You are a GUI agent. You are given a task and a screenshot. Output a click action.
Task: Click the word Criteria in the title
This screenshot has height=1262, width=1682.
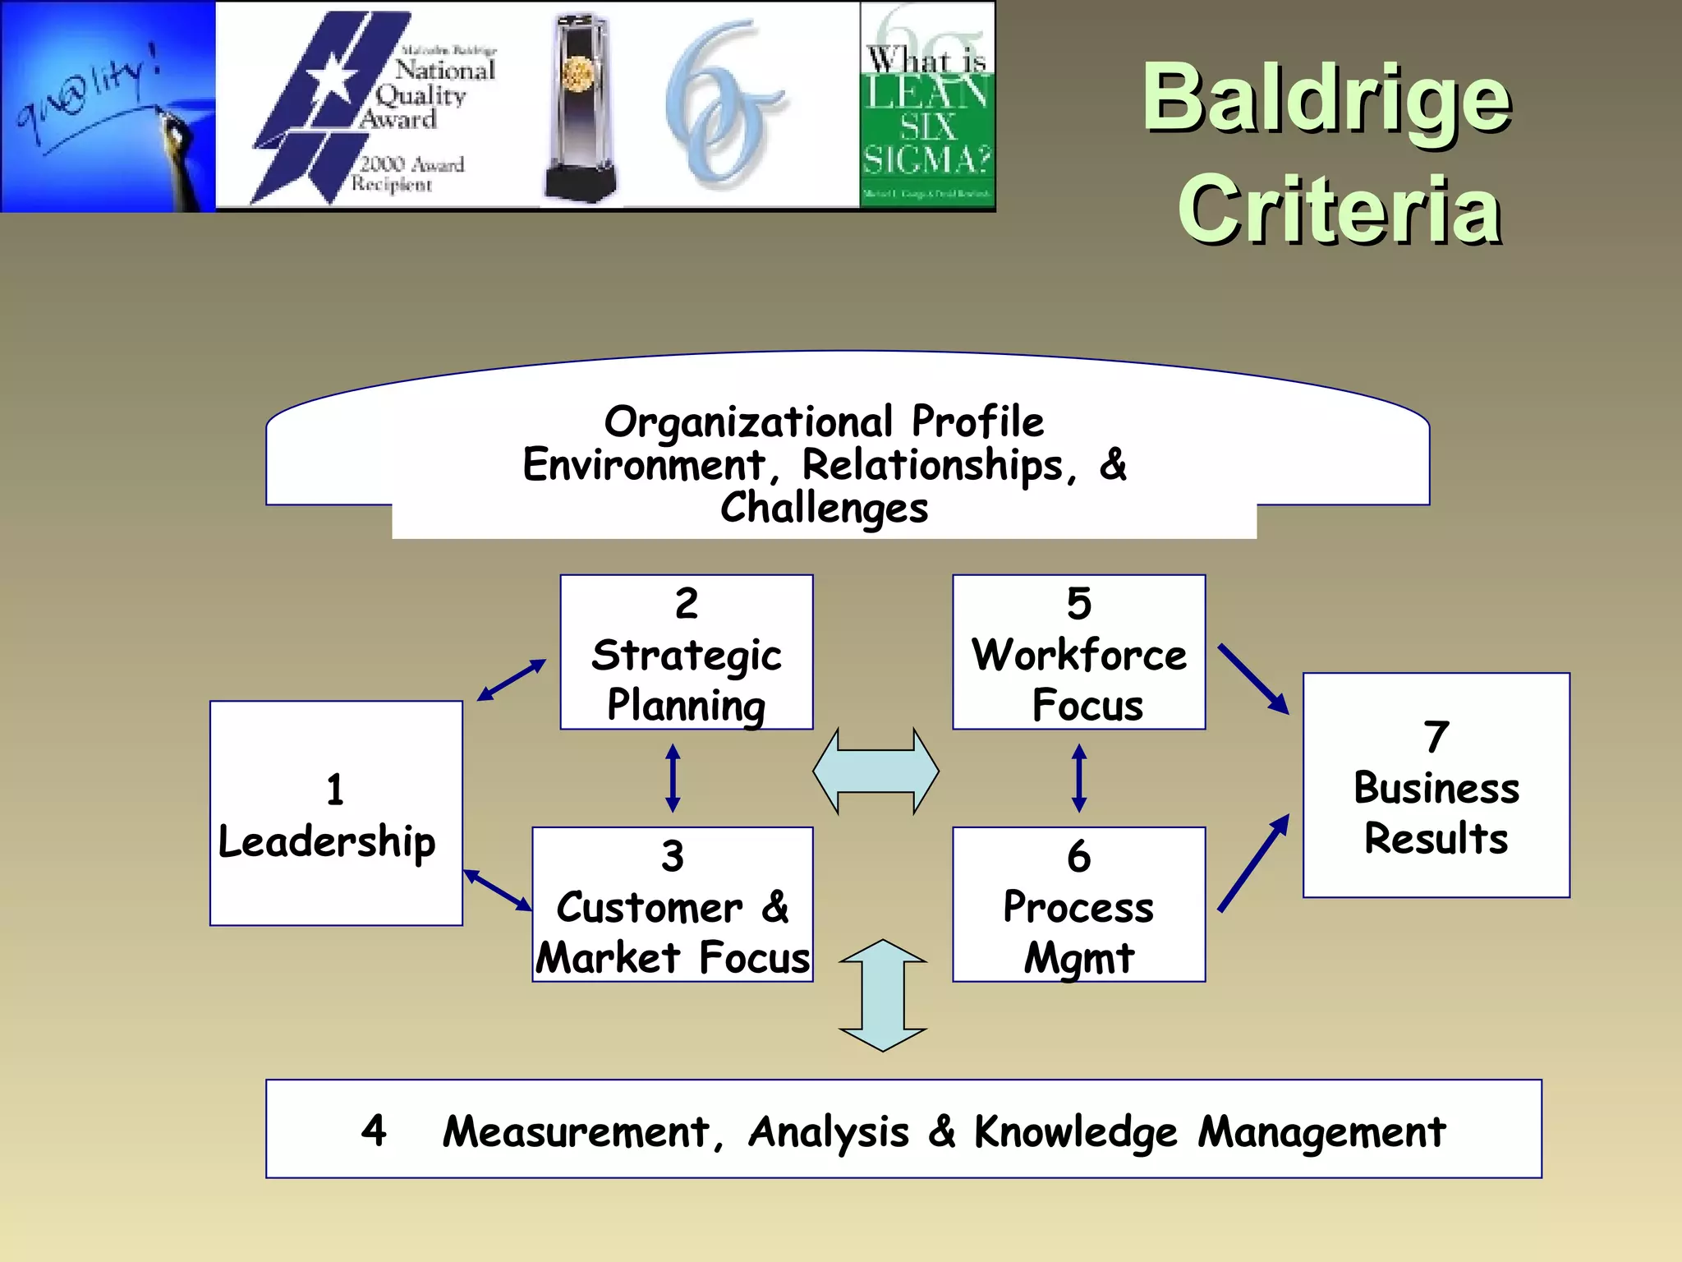[x=1340, y=211]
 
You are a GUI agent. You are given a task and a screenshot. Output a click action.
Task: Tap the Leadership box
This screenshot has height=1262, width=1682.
[x=336, y=813]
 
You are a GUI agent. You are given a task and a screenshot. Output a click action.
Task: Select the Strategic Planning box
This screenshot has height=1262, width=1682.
[x=687, y=652]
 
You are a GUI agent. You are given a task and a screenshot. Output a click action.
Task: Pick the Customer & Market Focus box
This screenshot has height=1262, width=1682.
[x=673, y=904]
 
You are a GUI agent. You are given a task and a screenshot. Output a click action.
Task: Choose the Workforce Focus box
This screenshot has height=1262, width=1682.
[x=1079, y=652]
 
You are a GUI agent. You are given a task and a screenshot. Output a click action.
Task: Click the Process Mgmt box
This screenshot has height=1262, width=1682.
[x=1079, y=904]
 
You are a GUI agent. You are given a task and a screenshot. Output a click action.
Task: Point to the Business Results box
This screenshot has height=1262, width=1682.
[x=1436, y=785]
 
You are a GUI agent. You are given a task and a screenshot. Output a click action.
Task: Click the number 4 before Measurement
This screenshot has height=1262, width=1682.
[x=375, y=1131]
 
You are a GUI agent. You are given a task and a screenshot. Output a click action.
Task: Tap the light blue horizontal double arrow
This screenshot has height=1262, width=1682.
[x=875, y=771]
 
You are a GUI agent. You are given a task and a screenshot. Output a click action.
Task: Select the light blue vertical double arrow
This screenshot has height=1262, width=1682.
[x=883, y=995]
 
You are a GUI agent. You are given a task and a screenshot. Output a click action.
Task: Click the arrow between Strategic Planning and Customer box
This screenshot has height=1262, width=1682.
[x=673, y=778]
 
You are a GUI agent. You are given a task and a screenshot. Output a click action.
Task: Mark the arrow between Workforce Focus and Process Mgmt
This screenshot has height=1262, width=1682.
[x=1079, y=778]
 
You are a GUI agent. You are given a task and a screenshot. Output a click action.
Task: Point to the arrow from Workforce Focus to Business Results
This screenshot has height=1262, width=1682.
[x=1252, y=679]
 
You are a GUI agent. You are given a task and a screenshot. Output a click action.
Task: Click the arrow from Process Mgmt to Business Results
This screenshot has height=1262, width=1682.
[x=1252, y=864]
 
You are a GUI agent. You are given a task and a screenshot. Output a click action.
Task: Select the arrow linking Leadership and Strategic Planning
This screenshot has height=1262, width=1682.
[x=512, y=680]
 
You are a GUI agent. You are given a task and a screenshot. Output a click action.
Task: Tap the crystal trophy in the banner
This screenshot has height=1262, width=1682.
[x=580, y=107]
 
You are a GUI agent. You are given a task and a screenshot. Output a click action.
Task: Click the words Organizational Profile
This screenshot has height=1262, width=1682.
[x=824, y=422]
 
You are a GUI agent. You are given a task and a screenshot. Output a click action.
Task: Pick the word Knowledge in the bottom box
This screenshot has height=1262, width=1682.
[x=1076, y=1132]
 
